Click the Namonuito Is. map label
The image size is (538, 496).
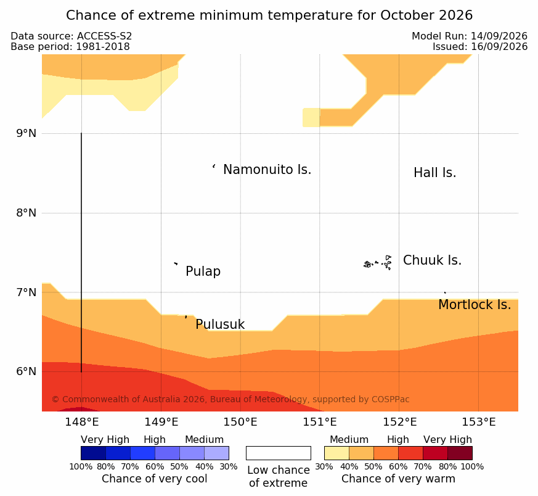click(267, 170)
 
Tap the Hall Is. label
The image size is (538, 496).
click(434, 173)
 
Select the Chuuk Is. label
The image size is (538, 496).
click(433, 260)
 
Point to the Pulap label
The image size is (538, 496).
click(203, 271)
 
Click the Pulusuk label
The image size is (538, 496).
click(220, 324)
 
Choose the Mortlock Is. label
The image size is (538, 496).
click(475, 305)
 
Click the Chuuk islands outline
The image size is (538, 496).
click(378, 263)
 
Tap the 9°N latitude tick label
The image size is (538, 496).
click(26, 133)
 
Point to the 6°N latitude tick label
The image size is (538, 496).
click(26, 371)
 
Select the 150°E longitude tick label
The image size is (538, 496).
click(240, 422)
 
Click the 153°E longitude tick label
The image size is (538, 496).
click(479, 422)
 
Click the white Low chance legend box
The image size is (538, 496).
click(279, 453)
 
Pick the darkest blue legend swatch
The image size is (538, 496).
click(93, 453)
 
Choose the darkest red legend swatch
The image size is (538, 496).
click(460, 453)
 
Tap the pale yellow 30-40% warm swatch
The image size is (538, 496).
click(336, 453)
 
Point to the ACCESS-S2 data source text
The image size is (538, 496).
click(104, 36)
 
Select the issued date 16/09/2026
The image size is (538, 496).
click(499, 47)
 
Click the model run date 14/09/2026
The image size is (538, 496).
click(499, 36)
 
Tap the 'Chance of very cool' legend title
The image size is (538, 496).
click(155, 479)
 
